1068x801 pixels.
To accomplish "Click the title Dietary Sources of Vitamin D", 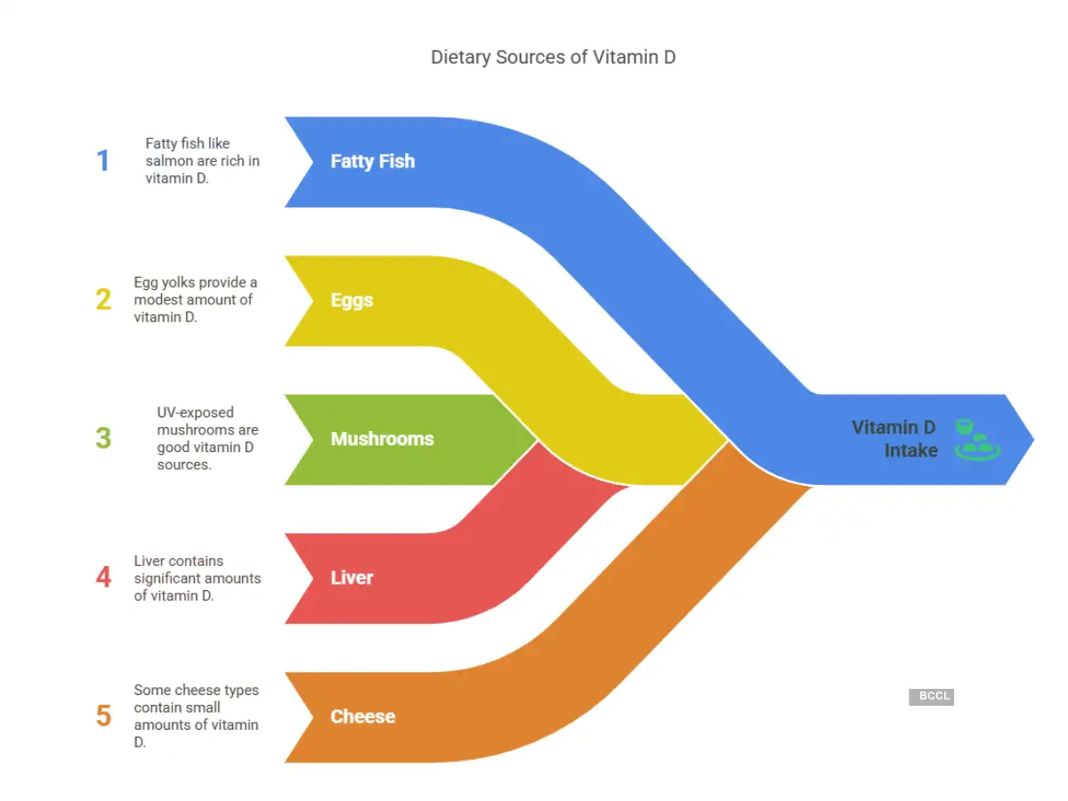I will tap(553, 58).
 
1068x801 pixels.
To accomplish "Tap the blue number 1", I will tap(103, 161).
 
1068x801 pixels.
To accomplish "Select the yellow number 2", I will tap(103, 300).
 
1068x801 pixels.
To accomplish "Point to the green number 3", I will tap(103, 439).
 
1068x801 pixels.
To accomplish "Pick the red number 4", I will tap(103, 578).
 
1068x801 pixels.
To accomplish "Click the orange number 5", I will tap(103, 716).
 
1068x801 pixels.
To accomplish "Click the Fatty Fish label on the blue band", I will tap(372, 161).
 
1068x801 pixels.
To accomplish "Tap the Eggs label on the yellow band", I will tap(352, 300).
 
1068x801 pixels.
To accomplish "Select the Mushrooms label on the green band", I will tap(382, 439).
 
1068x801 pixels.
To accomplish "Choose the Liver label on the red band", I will tap(352, 578).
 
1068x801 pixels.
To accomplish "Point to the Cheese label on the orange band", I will tap(362, 716).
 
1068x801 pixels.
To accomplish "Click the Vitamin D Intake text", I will tap(895, 439).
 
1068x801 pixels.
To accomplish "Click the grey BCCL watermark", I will tap(931, 697).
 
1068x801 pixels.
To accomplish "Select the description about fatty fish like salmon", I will tap(202, 161).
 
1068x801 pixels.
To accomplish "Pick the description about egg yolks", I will tap(196, 300).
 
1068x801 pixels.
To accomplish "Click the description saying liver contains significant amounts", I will tap(197, 578).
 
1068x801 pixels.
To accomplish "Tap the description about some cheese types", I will tap(196, 716).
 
